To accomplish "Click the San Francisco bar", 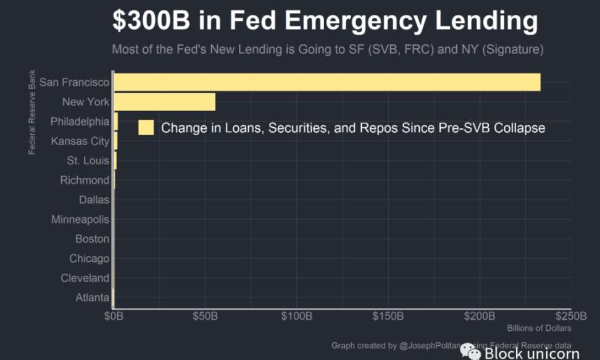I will click(327, 82).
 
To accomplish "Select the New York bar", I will click(164, 102).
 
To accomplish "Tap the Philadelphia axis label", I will click(80, 122).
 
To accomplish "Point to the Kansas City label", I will click(80, 141).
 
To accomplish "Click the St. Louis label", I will click(88, 161).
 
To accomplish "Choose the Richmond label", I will click(85, 180).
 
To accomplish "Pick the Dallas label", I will click(94, 199).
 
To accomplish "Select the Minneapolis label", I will click(80, 219).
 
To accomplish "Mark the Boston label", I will click(92, 239).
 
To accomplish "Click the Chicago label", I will click(89, 259).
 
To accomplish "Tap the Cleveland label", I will click(85, 278).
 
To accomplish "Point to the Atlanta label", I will click(92, 298).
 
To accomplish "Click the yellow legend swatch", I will click(146, 128).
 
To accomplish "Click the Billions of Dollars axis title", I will click(539, 329).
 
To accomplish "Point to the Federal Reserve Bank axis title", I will click(31, 113).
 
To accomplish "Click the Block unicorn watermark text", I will click(531, 353).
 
